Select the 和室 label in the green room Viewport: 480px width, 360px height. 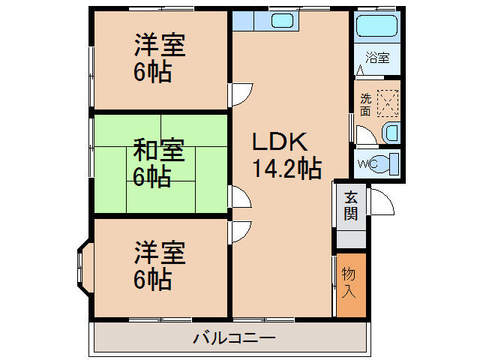click(x=159, y=150)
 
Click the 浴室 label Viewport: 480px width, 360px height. click(x=377, y=58)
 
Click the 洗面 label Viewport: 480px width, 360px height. click(x=365, y=104)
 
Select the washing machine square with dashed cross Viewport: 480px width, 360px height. click(x=388, y=102)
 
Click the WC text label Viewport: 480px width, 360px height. click(x=366, y=163)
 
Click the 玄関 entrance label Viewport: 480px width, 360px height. click(x=351, y=205)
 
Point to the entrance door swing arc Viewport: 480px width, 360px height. click(x=381, y=201)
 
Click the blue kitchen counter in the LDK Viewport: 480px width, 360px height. click(x=266, y=20)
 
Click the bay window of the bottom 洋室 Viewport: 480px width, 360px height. click(x=82, y=266)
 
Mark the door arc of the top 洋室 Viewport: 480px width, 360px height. click(x=241, y=94)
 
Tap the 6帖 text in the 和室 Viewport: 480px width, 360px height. click(x=152, y=177)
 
